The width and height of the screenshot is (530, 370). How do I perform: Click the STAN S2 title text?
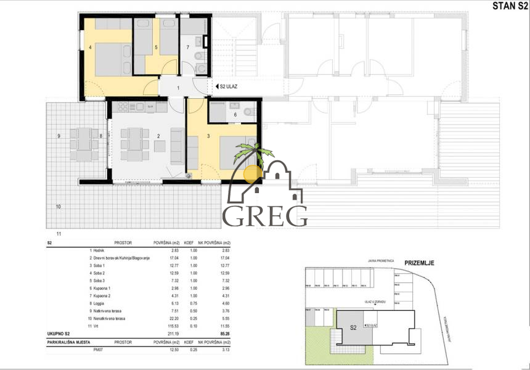508,7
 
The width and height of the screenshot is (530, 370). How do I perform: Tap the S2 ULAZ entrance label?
228,88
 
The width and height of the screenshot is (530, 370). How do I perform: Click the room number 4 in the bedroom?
90,47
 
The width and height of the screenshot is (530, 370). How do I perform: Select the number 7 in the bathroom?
187,47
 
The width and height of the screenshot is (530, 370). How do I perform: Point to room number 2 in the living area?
159,135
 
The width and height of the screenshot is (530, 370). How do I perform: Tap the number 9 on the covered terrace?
59,135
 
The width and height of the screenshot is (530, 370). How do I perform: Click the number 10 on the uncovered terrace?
59,207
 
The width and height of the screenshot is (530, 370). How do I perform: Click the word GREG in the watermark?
265,216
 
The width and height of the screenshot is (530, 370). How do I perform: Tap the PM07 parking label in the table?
97,350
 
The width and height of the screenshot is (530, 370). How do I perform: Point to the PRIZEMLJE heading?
419,263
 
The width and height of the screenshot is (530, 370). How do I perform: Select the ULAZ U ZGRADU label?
375,302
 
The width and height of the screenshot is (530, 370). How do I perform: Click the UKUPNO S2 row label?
62,334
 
